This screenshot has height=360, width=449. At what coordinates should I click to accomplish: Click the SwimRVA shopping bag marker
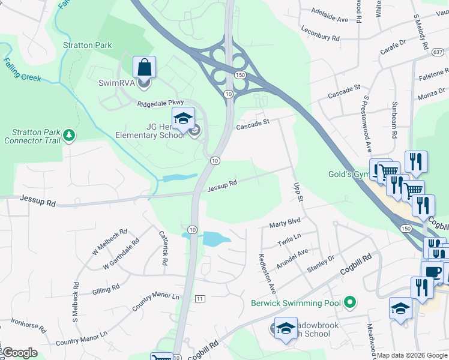point(144,67)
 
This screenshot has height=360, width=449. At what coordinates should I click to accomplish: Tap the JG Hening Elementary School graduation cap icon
point(184,118)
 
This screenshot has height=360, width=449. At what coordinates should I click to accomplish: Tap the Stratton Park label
point(88,45)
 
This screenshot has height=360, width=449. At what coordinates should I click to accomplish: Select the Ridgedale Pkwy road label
point(159,104)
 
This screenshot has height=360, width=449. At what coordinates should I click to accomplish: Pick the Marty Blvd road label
point(285,224)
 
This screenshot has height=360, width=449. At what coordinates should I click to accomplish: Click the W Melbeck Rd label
point(110,242)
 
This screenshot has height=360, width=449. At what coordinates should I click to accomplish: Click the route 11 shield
point(200,298)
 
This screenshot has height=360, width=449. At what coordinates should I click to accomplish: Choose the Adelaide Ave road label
point(330,15)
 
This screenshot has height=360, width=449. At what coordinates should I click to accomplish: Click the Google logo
point(20,353)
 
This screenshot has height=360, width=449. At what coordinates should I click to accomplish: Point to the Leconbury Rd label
point(321,34)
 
